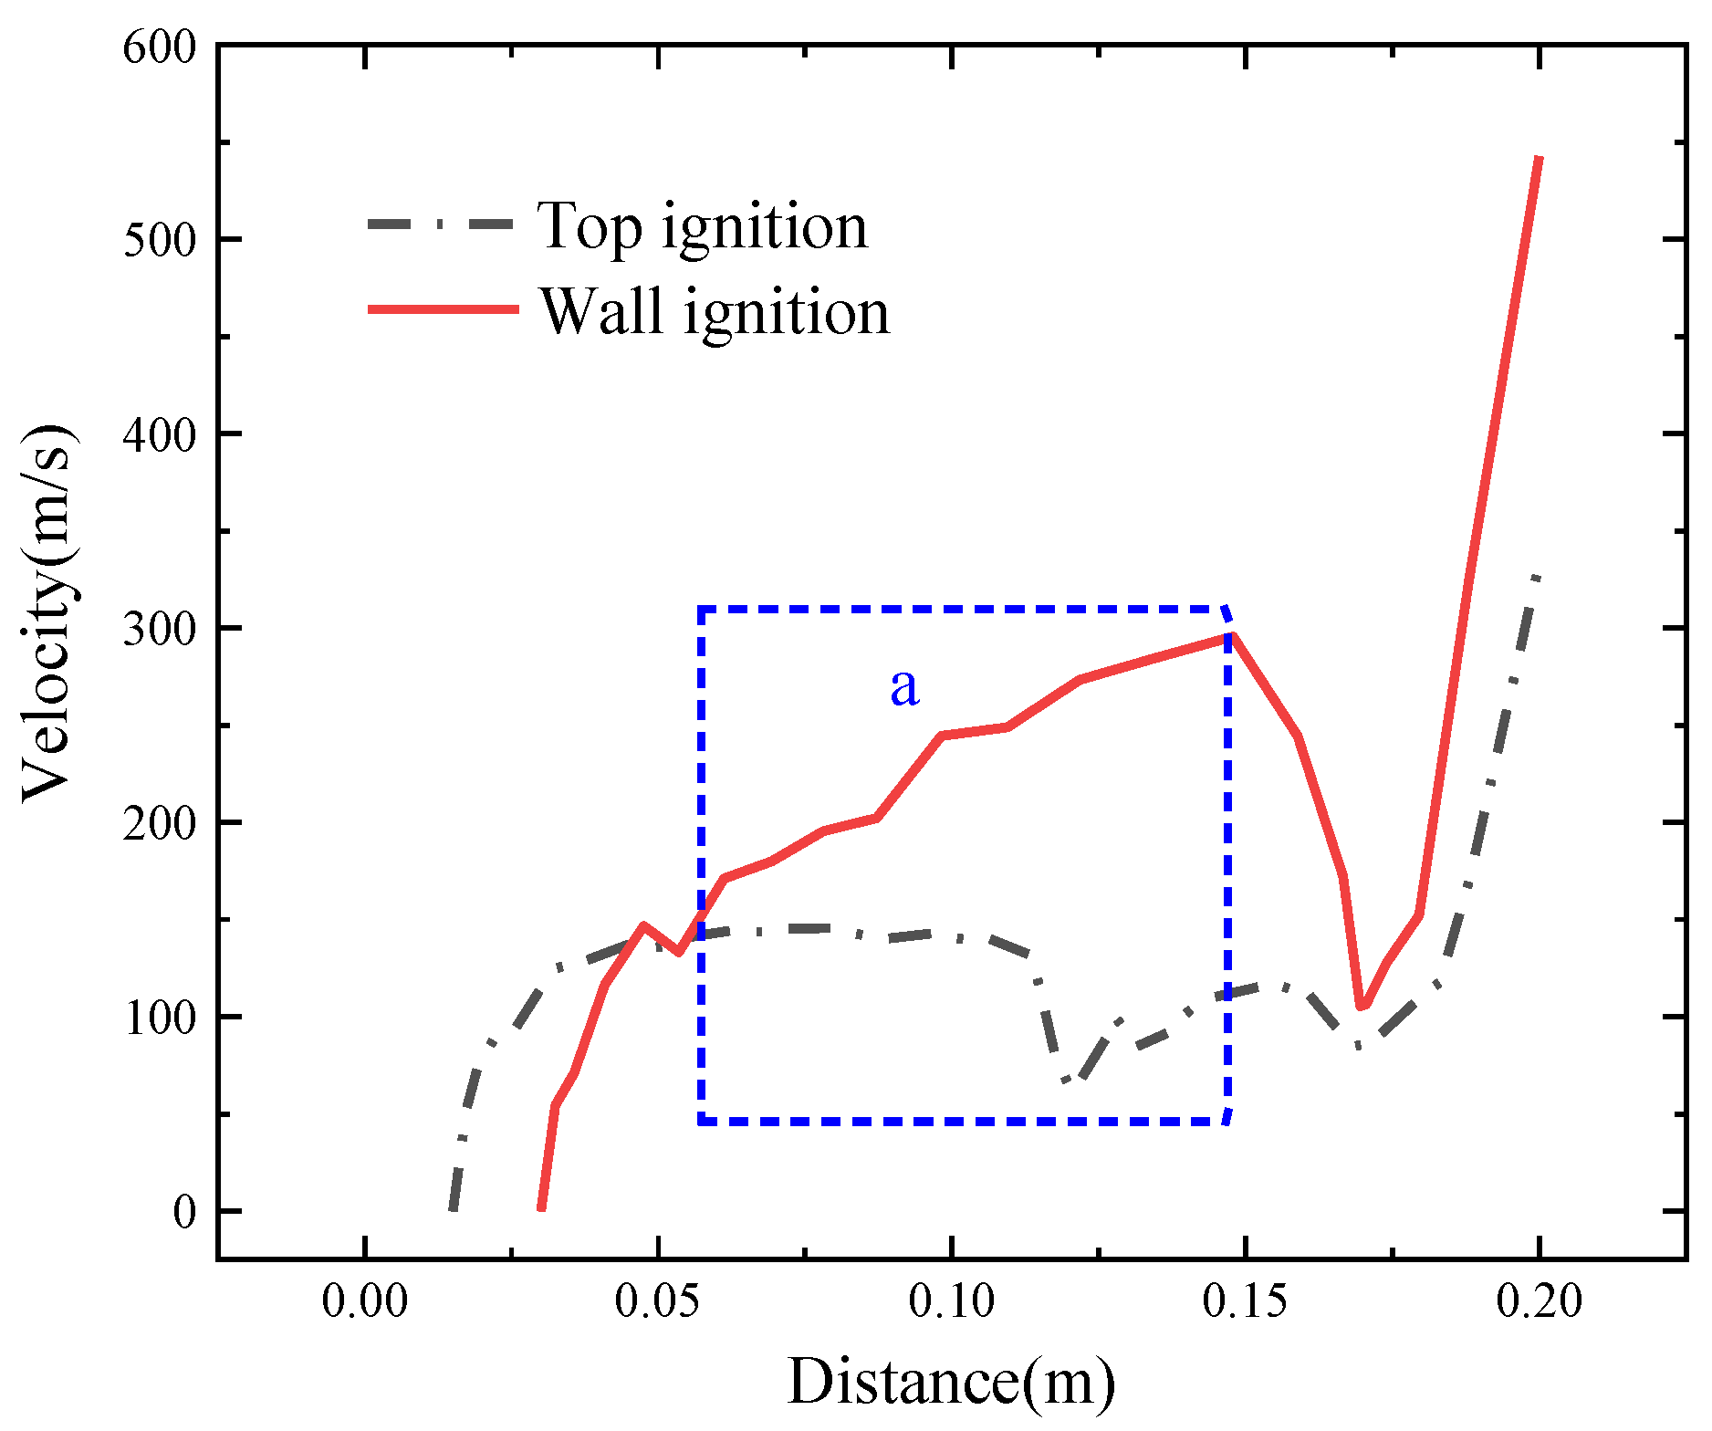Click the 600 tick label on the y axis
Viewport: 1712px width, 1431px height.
[x=161, y=47]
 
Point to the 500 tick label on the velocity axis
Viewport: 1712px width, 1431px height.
[x=161, y=241]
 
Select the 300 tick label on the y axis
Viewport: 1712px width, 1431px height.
[x=161, y=630]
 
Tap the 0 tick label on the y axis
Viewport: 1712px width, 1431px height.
[x=184, y=1213]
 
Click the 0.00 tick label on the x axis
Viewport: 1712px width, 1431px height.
[x=365, y=1300]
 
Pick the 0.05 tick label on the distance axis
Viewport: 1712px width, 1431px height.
[x=657, y=1300]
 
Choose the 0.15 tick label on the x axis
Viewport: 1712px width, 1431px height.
[x=1245, y=1300]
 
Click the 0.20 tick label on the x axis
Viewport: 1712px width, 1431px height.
[x=1539, y=1300]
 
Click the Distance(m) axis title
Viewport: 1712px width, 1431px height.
[x=951, y=1381]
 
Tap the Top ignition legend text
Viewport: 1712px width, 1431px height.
[x=703, y=225]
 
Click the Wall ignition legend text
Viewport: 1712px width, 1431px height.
[x=715, y=311]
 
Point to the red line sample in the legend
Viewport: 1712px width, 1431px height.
[x=444, y=309]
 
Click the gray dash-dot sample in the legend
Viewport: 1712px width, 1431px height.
[x=444, y=224]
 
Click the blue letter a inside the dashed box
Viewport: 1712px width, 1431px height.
[x=904, y=686]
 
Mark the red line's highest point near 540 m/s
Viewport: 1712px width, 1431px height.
[x=1540, y=159]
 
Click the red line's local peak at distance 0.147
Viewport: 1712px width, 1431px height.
[x=1230, y=637]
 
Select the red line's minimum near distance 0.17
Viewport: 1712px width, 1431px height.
[x=1362, y=1007]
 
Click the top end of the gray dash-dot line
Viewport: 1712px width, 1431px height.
[x=1538, y=577]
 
